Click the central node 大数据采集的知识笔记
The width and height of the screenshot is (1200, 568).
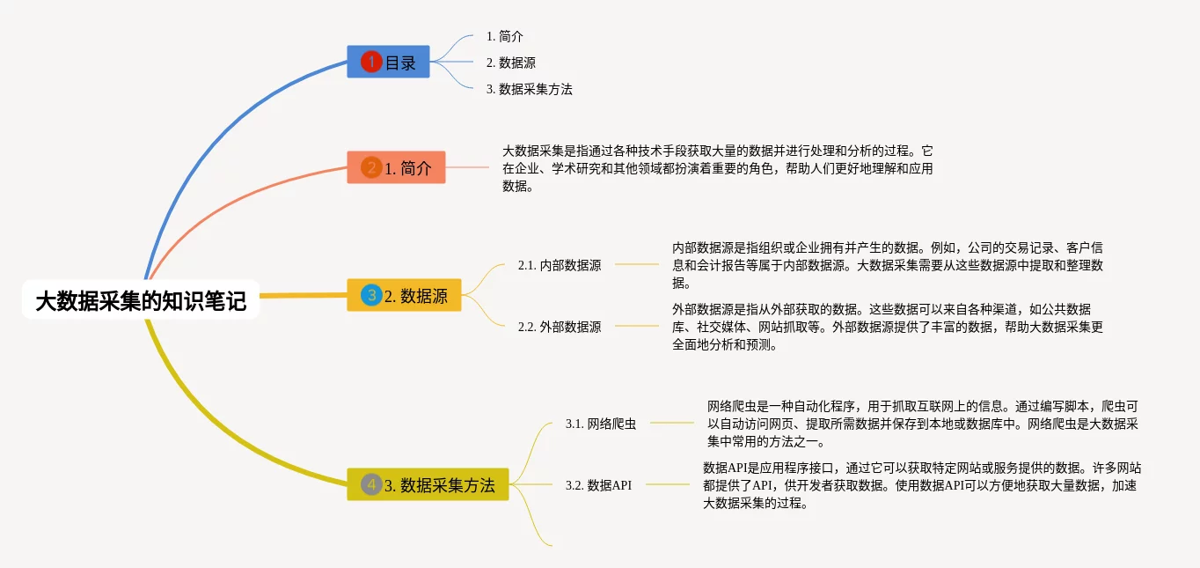pos(141,301)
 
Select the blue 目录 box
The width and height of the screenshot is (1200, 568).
pos(388,63)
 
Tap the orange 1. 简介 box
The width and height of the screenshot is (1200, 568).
pos(396,168)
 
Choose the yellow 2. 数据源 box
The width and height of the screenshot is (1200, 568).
pos(404,296)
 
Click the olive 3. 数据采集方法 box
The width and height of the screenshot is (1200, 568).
pos(428,484)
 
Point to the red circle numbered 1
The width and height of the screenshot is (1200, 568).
pos(371,63)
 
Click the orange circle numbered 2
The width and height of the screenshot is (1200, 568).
pos(371,168)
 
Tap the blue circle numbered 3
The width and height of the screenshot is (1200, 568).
pos(371,296)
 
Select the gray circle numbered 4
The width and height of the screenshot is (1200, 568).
pos(371,484)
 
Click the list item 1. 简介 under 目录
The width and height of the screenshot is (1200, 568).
pos(505,37)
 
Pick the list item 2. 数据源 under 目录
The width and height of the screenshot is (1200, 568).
pos(511,63)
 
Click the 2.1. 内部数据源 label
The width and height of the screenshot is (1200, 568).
pos(560,264)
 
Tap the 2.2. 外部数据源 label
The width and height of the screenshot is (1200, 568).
pos(560,327)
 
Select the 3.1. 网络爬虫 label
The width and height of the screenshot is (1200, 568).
pos(601,424)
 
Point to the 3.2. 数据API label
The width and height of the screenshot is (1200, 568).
pos(598,484)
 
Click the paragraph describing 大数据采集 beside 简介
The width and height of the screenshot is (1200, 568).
pos(717,168)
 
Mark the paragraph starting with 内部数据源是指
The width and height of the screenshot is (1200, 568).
pos(887,264)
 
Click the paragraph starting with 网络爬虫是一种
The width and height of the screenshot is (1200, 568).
pos(922,424)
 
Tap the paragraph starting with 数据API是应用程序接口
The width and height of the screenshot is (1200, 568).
pos(922,485)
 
